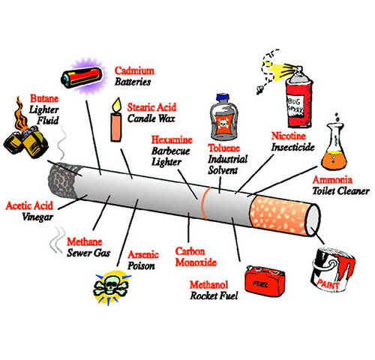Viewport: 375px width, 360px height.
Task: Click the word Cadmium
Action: (x=134, y=70)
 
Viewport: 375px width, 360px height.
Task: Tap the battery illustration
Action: (x=82, y=77)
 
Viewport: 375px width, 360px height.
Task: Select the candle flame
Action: (x=116, y=105)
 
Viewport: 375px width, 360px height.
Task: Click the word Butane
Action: (x=44, y=98)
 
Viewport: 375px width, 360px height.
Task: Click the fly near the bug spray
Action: (x=260, y=89)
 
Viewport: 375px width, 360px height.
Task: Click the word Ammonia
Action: (x=332, y=180)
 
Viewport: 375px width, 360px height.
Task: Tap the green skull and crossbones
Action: (x=111, y=286)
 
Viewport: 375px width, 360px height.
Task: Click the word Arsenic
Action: (x=143, y=254)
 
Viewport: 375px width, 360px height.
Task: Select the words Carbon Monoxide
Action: (x=196, y=256)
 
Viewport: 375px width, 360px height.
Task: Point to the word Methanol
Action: (x=208, y=284)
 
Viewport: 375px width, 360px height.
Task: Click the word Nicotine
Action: (x=289, y=136)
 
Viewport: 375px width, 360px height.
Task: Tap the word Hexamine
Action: (x=172, y=139)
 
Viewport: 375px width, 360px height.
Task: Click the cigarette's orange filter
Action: (x=280, y=214)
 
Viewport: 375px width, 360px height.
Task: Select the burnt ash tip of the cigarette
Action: (x=61, y=179)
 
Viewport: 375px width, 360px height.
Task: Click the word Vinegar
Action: (x=37, y=217)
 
